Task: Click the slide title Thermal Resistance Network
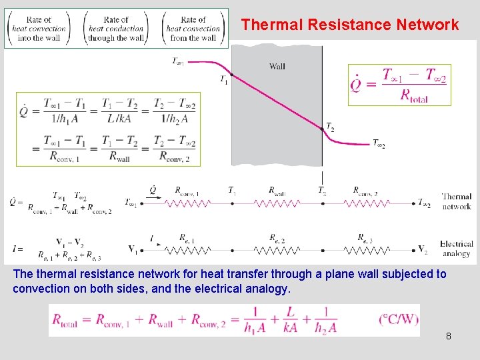coord(350,25)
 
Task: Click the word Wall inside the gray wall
coord(277,66)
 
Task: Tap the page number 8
coord(449,336)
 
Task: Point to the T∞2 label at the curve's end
coord(379,144)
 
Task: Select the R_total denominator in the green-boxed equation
coord(414,95)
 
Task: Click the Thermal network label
coord(457,201)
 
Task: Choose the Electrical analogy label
coord(456,249)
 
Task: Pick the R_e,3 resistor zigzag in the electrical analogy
coord(368,251)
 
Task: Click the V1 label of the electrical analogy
coord(134,250)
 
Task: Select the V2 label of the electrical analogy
coord(423,250)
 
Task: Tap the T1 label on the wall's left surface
coord(224,79)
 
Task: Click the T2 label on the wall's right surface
coord(330,127)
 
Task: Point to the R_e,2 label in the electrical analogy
coord(277,237)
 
